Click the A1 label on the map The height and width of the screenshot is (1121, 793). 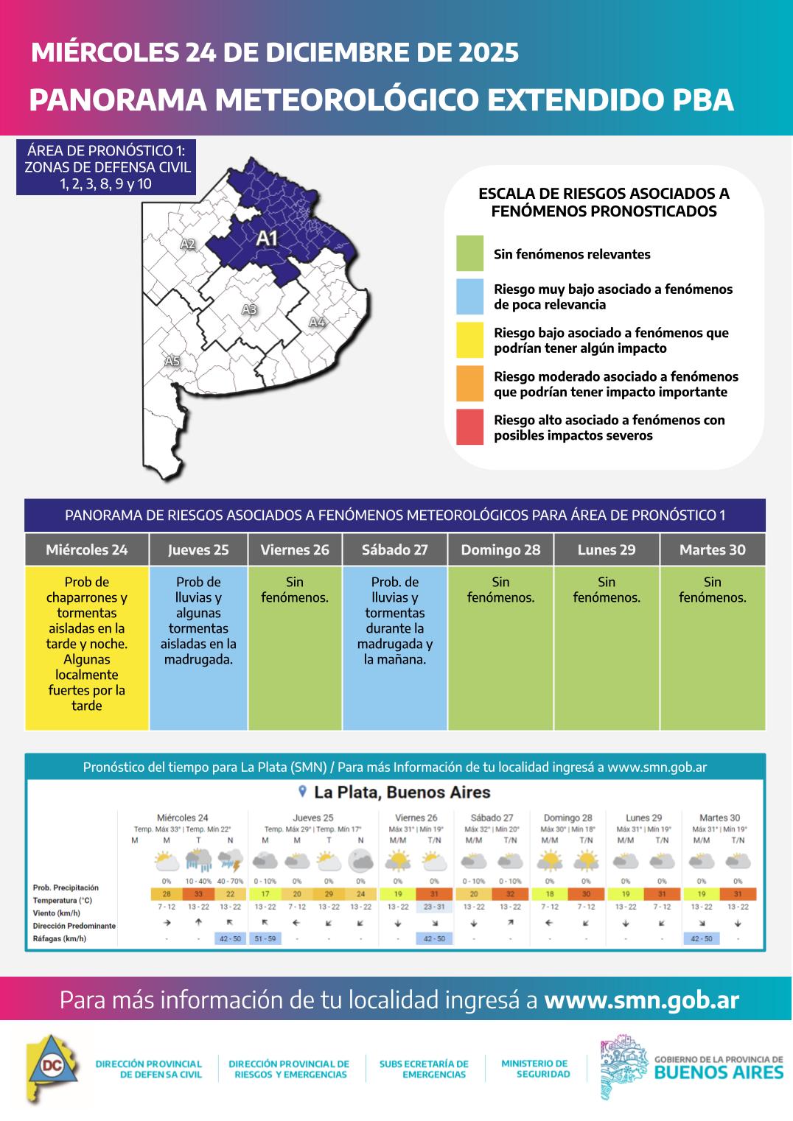tap(266, 238)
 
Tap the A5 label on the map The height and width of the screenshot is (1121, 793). tap(172, 361)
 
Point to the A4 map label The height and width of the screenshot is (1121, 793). tap(317, 322)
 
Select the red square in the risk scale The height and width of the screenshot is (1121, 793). tap(469, 427)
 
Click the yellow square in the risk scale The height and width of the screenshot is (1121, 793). tap(469, 340)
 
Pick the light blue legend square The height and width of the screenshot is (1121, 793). tap(469, 297)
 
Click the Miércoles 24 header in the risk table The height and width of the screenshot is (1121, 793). tap(87, 549)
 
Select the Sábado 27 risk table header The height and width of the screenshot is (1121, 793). tap(395, 549)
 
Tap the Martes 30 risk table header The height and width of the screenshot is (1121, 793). tap(712, 549)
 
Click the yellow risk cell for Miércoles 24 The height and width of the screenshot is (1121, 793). tap(87, 648)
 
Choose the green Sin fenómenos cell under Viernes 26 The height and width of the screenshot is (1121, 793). tap(295, 648)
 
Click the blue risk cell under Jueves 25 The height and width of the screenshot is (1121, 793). tap(198, 648)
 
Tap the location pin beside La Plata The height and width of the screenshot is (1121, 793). tap(302, 792)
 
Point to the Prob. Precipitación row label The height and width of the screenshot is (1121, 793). tap(66, 888)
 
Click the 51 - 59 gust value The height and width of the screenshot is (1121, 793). tap(265, 938)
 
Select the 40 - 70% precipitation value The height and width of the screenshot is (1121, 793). tap(230, 881)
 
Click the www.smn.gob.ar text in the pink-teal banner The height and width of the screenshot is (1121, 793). tap(641, 999)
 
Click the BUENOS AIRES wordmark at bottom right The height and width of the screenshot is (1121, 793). tap(719, 1072)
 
